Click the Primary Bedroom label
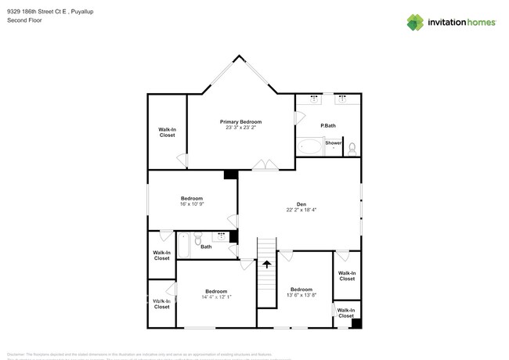[240, 121]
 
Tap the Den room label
[300, 203]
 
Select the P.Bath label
[328, 126]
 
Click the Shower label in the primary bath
[333, 143]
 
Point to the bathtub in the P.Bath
[309, 146]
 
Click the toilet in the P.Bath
[352, 146]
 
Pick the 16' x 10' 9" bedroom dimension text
[192, 204]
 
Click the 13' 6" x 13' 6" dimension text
[301, 295]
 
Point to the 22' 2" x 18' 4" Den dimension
[300, 210]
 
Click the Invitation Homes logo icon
[415, 22]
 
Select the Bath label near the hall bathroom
[206, 247]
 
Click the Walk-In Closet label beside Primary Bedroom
[167, 132]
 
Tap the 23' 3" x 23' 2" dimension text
[240, 128]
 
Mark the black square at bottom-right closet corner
[356, 322]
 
